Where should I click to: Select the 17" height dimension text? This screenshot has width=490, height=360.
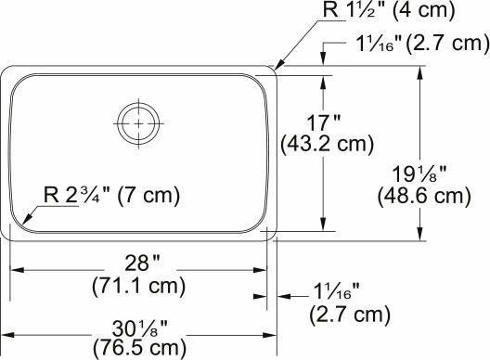click(x=324, y=121)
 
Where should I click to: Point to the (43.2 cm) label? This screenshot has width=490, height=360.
click(x=327, y=145)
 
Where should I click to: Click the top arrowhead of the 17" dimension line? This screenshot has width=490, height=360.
click(x=322, y=80)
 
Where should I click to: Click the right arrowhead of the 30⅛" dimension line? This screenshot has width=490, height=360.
click(x=274, y=335)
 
